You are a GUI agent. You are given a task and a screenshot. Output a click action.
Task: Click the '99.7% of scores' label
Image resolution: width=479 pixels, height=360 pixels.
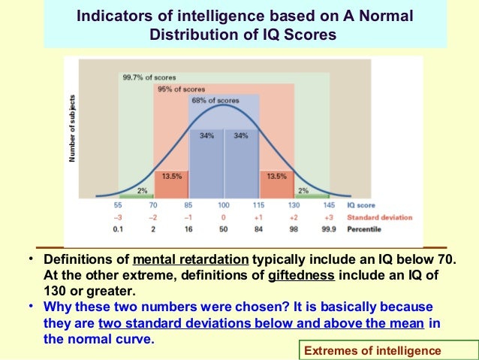[x=143, y=77]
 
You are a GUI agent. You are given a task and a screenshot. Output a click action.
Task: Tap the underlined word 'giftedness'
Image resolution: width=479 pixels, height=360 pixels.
[x=301, y=274]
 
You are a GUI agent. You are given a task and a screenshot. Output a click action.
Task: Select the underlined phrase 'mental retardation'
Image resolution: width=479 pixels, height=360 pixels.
[x=190, y=260]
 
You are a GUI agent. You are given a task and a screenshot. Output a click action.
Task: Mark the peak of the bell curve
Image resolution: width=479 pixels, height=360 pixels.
[x=224, y=104]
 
